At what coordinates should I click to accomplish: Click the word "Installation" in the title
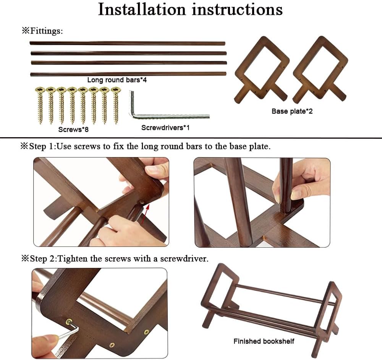(x=142, y=10)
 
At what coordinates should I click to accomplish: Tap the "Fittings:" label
(x=46, y=31)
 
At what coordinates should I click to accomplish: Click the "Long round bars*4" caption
(x=117, y=80)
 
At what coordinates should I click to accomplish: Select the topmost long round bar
(x=128, y=43)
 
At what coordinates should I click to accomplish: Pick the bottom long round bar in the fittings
(x=128, y=74)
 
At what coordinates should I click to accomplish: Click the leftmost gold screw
(x=40, y=105)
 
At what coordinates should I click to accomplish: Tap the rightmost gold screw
(x=115, y=105)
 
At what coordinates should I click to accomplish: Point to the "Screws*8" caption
(x=73, y=130)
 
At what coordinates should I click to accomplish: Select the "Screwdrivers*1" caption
(x=165, y=128)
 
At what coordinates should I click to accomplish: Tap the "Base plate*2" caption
(x=292, y=111)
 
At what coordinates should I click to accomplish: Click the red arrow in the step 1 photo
(x=145, y=214)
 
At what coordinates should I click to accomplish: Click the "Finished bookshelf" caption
(x=264, y=341)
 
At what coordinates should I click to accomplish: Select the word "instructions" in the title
(x=237, y=10)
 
